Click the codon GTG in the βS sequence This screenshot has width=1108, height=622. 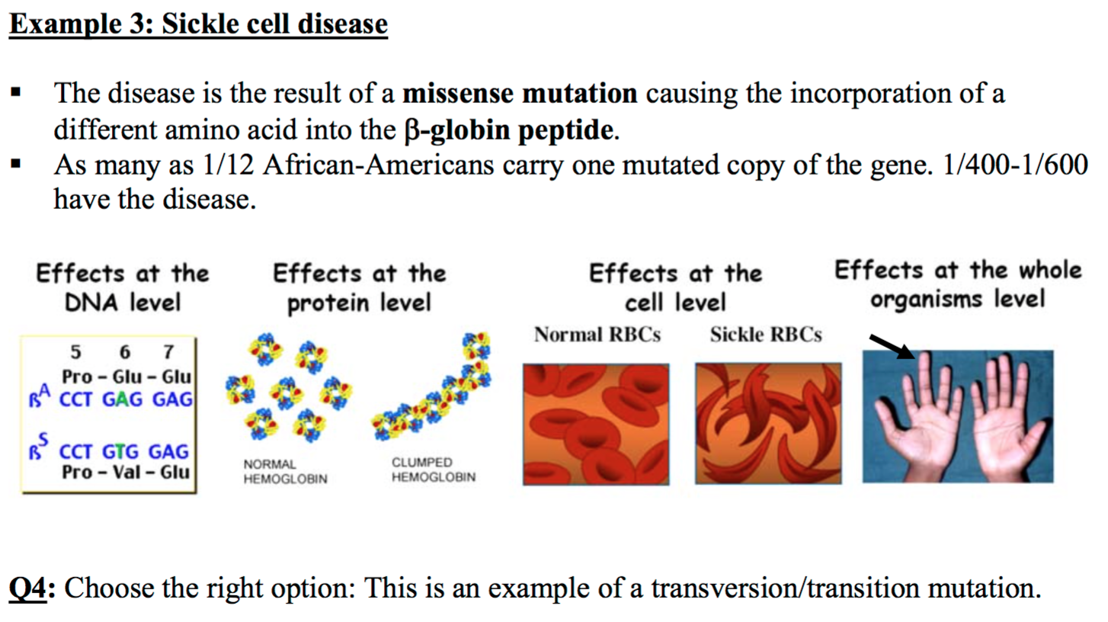click(x=120, y=451)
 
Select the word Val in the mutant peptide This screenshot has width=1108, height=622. click(x=126, y=472)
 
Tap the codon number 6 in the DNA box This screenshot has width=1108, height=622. click(x=125, y=352)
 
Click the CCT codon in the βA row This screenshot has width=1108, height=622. click(x=75, y=399)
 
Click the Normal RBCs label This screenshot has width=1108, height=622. click(x=597, y=335)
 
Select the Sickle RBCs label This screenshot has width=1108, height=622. click(x=766, y=335)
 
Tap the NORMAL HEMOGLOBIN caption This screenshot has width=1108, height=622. click(x=285, y=472)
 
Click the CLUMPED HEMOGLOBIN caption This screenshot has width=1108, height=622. click(x=434, y=470)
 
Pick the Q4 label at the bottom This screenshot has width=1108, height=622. click(x=28, y=588)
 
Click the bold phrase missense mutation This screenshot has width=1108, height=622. click(x=520, y=93)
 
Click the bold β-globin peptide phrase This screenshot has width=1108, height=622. click(x=509, y=130)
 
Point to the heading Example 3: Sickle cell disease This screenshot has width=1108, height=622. click(x=198, y=24)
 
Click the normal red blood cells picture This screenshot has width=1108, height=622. click(x=596, y=424)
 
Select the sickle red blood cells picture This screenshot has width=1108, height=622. click(x=768, y=423)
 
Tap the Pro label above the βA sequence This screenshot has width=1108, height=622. click(x=77, y=377)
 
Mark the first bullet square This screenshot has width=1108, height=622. click(x=15, y=92)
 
